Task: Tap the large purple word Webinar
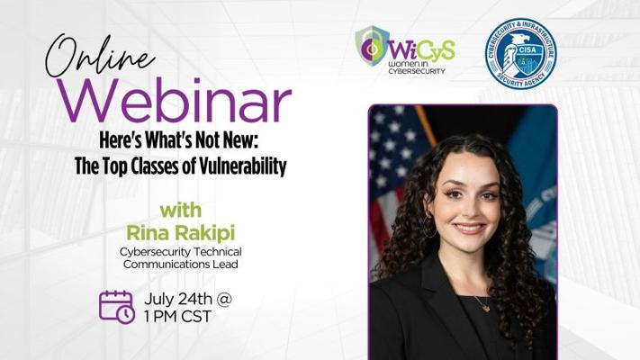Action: tap(175, 101)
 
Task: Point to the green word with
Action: tap(181, 211)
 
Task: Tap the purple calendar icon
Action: tap(117, 307)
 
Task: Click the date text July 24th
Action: tap(178, 299)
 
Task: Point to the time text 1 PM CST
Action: tap(177, 316)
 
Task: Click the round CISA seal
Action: tap(520, 53)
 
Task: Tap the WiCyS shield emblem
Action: tap(371, 46)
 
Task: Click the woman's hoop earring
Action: tap(429, 227)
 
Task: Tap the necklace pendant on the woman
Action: tap(486, 308)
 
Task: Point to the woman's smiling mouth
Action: tap(469, 228)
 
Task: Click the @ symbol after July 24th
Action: tap(224, 300)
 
